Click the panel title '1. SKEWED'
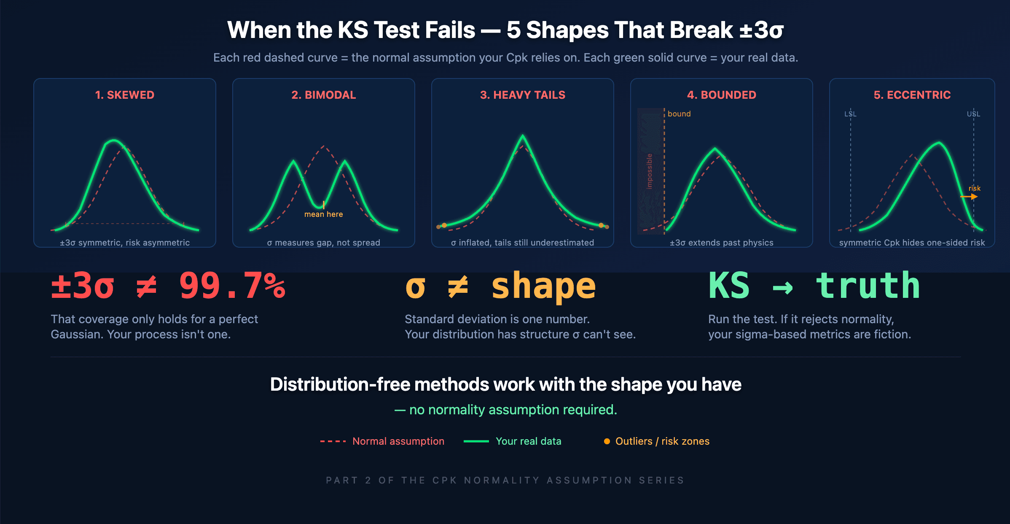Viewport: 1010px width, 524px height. [125, 95]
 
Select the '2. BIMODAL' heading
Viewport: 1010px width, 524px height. [324, 95]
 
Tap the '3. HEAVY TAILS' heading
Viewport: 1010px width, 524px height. [523, 95]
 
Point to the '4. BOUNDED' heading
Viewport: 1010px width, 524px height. [722, 95]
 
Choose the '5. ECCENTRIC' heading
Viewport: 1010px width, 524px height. [912, 95]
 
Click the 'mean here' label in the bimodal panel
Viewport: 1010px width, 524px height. [324, 214]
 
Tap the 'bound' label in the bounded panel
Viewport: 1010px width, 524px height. [679, 114]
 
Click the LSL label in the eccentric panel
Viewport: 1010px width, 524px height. [850, 114]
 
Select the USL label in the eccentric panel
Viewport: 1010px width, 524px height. [973, 114]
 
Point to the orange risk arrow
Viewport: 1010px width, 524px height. [969, 197]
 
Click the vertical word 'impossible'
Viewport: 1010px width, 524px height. [650, 171]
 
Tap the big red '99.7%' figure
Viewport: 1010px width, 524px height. [232, 286]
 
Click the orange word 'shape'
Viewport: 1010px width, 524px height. [544, 287]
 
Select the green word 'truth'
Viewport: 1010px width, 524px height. [868, 286]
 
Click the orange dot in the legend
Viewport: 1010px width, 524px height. [607, 441]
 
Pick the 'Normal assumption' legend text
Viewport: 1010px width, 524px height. [398, 441]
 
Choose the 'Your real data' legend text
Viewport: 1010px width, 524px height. [529, 441]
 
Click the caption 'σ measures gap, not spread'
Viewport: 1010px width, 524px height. [324, 243]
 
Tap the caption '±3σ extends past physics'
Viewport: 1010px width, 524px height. [722, 243]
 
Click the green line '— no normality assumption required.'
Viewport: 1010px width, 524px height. [506, 410]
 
